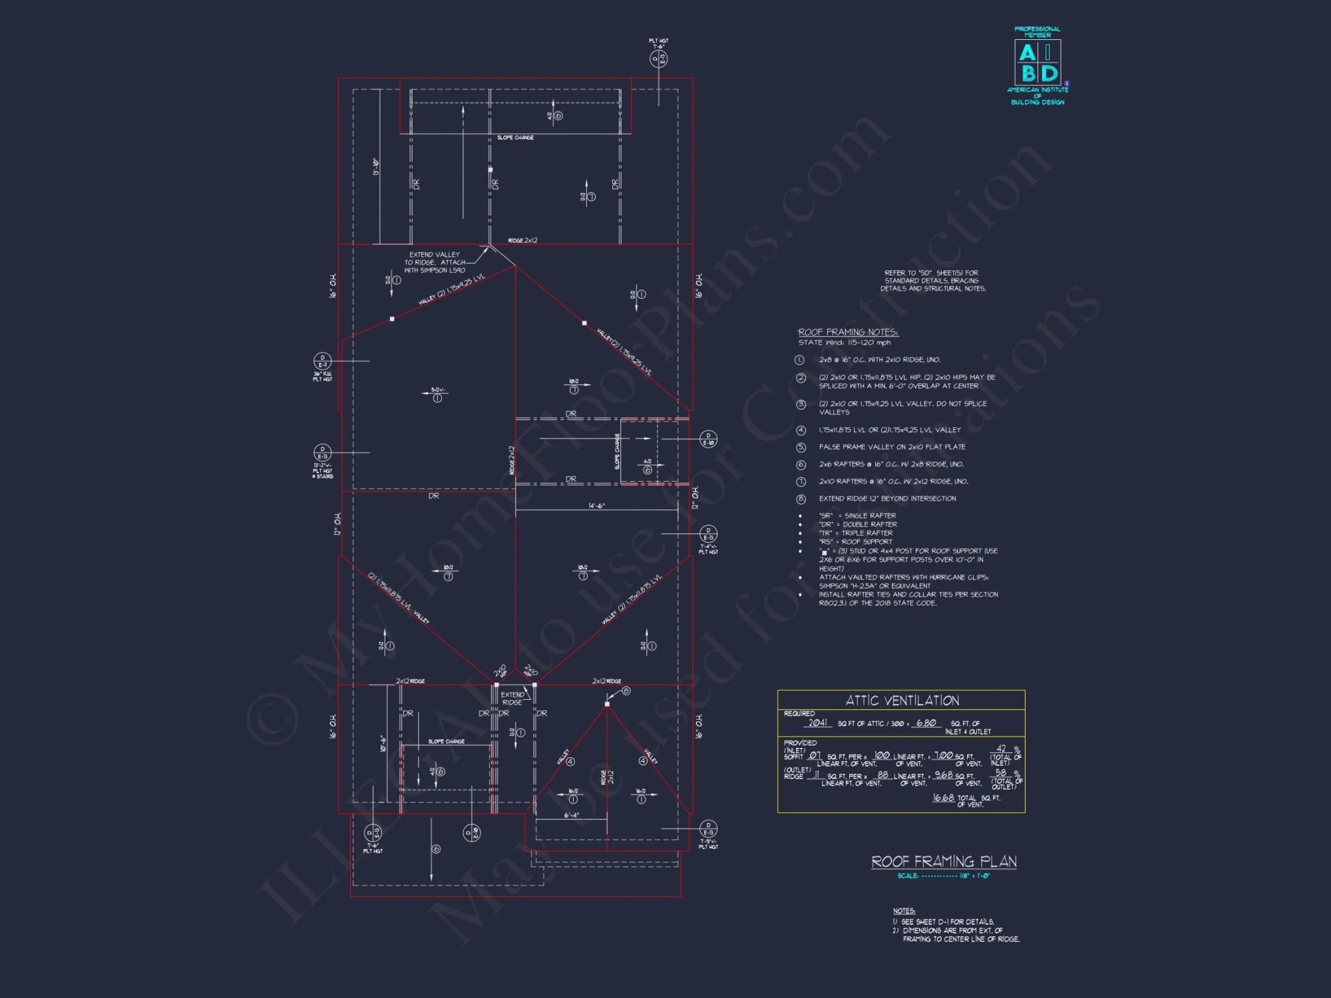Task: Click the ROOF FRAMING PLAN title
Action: tap(944, 862)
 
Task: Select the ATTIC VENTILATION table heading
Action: tap(902, 701)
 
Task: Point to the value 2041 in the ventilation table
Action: tap(818, 723)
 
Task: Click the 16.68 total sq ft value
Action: tap(943, 798)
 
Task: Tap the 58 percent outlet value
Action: tap(1001, 772)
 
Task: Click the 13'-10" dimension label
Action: tap(375, 167)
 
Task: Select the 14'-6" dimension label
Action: tap(596, 506)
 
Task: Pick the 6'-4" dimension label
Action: tap(572, 815)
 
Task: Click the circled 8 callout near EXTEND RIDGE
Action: tap(626, 691)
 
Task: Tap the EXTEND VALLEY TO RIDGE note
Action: tap(435, 262)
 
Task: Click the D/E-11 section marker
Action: tap(322, 361)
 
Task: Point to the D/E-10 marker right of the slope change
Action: tap(708, 439)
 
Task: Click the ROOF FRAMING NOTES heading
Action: tap(848, 332)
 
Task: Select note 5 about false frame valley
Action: tap(892, 447)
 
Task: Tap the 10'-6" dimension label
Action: tap(383, 743)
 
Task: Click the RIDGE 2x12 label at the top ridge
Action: tap(522, 240)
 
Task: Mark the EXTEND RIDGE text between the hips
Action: tap(512, 699)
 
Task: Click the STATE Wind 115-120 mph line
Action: tap(845, 343)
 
